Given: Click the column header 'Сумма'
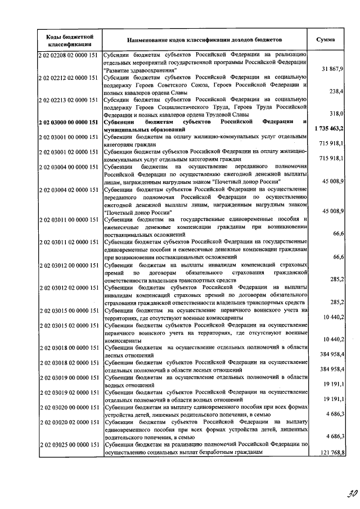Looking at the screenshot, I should [x=326, y=40].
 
